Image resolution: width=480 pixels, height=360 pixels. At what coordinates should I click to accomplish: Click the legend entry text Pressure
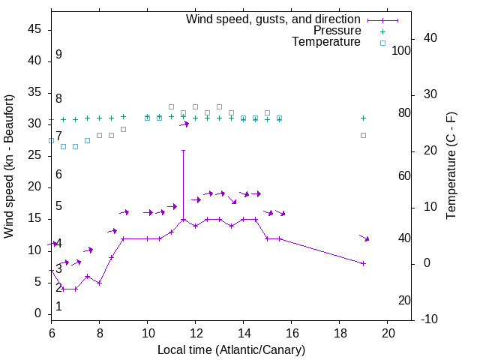[x=337, y=31]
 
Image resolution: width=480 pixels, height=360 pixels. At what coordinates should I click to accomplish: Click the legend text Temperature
[x=326, y=43]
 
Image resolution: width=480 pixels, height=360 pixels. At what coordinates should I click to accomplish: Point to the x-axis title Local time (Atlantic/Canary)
[x=231, y=350]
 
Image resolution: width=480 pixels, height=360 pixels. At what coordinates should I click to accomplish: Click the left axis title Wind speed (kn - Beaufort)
[x=9, y=166]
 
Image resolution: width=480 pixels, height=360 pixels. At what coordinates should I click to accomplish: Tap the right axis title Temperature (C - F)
[x=451, y=166]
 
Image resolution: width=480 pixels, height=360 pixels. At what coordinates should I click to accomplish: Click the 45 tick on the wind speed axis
[x=34, y=29]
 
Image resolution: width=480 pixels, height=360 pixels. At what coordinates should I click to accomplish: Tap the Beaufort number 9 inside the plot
[x=58, y=55]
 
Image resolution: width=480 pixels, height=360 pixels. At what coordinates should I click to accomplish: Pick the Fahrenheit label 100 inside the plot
[x=402, y=50]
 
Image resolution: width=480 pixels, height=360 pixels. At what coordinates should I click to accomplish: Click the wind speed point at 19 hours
[x=363, y=263]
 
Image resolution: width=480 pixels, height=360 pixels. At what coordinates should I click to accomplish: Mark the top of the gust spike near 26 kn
[x=183, y=151]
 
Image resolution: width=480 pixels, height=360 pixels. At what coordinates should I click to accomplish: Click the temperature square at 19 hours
[x=363, y=135]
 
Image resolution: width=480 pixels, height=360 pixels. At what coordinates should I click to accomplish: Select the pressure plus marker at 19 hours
[x=363, y=118]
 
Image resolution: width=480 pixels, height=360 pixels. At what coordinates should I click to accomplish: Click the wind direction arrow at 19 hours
[x=364, y=238]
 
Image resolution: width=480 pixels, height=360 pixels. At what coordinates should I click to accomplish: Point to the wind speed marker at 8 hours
[x=99, y=283]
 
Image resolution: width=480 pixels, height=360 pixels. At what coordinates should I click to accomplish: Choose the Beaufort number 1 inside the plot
[x=58, y=307]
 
